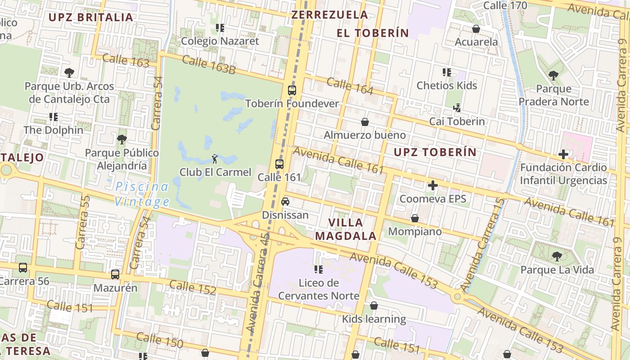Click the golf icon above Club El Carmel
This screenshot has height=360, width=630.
click(215, 158)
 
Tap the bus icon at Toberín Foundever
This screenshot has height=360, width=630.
click(292, 90)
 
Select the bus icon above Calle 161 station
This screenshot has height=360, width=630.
click(279, 164)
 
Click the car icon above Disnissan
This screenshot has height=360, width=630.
click(285, 202)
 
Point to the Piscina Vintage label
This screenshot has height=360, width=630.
click(142, 194)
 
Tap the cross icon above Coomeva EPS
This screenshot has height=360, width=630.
click(432, 185)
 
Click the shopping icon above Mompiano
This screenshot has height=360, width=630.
click(414, 218)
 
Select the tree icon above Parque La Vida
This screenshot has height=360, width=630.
click(557, 256)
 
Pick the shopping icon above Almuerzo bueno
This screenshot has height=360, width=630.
click(364, 122)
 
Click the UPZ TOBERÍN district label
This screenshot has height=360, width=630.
click(435, 152)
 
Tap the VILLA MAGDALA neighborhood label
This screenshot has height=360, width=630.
click(346, 229)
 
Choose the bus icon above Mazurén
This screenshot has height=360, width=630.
click(115, 274)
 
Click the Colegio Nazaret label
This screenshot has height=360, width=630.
click(220, 41)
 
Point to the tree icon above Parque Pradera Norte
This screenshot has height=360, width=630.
click(553, 75)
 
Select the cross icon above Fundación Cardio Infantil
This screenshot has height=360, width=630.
click(563, 154)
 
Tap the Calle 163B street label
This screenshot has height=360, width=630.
click(209, 64)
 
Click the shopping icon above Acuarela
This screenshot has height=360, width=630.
click(476, 29)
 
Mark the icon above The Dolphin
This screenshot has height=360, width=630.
click(54, 117)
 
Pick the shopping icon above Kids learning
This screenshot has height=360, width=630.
click(373, 306)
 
